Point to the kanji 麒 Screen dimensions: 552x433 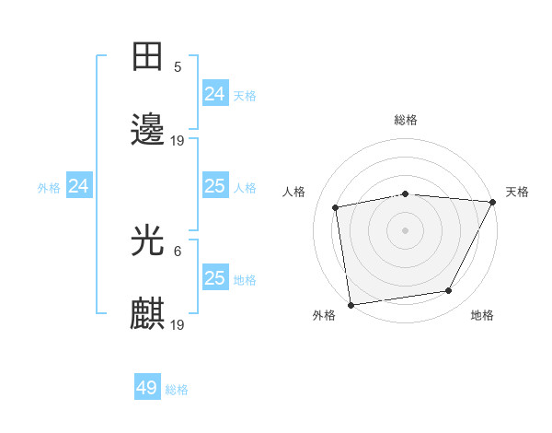(x=148, y=314)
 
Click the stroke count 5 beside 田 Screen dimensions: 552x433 (x=178, y=67)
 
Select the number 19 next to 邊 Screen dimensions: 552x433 (x=178, y=141)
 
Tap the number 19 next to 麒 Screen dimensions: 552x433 (x=178, y=324)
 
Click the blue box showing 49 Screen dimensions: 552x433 (x=147, y=388)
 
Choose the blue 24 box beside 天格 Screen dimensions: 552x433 (x=214, y=94)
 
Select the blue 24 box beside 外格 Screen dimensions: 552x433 (x=79, y=186)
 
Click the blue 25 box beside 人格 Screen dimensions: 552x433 (x=214, y=186)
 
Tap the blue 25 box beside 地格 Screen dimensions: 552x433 (x=214, y=278)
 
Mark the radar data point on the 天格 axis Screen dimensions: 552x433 (x=493, y=202)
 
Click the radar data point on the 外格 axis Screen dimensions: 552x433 (x=351, y=304)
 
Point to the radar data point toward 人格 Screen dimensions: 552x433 (x=336, y=207)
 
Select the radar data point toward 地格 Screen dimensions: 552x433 (x=449, y=291)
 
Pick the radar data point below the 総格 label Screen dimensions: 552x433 (x=405, y=193)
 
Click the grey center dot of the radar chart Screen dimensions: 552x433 (x=405, y=229)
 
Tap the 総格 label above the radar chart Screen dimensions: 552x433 (x=405, y=120)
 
